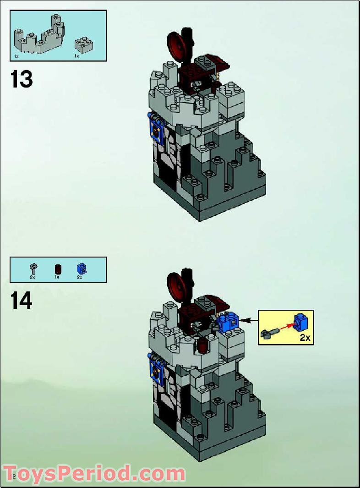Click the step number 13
(x=22, y=79)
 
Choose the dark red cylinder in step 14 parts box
(x=57, y=269)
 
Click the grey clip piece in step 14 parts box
(x=33, y=268)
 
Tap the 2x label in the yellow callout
(x=305, y=338)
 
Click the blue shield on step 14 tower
(x=156, y=369)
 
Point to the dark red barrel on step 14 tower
(x=201, y=345)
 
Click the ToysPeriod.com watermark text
(x=94, y=473)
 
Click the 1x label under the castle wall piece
(x=16, y=56)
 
